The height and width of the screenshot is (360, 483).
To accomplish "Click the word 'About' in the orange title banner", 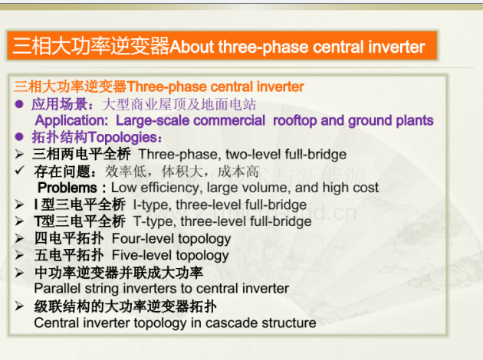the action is point(192,47).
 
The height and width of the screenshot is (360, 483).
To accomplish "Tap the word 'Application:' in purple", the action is point(71,120).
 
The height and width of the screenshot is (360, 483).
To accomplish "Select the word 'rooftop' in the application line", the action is point(295,120).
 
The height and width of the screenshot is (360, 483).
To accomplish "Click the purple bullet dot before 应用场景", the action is point(19,104).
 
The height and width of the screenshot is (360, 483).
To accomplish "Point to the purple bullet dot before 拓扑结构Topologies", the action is point(19,136).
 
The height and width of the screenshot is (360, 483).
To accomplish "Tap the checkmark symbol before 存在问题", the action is point(20,170).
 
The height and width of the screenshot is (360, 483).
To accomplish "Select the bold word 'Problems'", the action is point(67,188).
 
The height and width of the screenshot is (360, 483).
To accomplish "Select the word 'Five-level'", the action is point(142,255).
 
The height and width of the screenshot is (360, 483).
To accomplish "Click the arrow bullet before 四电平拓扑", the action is point(19,238).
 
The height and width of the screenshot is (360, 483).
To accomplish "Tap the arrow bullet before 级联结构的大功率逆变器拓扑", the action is point(19,306).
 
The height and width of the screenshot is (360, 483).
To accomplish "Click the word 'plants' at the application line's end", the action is point(415,120).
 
